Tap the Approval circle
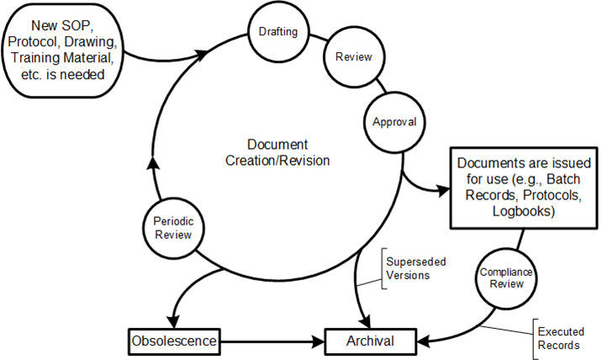394,121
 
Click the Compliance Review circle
501,277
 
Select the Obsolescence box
173,341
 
